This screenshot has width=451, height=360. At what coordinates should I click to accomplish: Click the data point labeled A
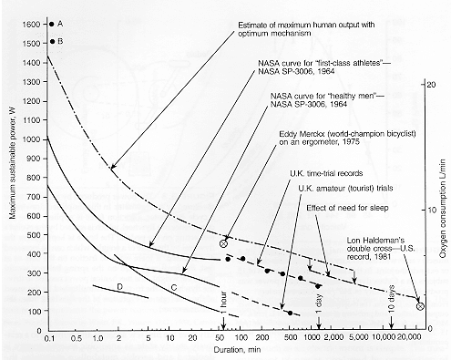[52, 24]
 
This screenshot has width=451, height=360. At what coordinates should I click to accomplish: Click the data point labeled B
[52, 41]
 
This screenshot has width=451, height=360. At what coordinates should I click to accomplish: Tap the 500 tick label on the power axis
[34, 235]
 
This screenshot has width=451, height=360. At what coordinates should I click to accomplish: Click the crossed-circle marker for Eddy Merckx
[223, 243]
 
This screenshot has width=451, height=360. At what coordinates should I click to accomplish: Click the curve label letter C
[174, 287]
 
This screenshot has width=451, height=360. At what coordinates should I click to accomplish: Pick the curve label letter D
[119, 286]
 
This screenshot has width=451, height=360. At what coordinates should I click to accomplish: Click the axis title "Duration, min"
[237, 350]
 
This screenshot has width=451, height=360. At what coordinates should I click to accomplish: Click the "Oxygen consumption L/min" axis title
[443, 203]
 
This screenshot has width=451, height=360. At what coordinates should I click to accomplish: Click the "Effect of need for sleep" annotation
[347, 208]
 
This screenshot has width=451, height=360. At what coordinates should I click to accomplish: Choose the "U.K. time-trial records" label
[326, 173]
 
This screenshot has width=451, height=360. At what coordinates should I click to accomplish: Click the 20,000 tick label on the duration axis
[410, 337]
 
